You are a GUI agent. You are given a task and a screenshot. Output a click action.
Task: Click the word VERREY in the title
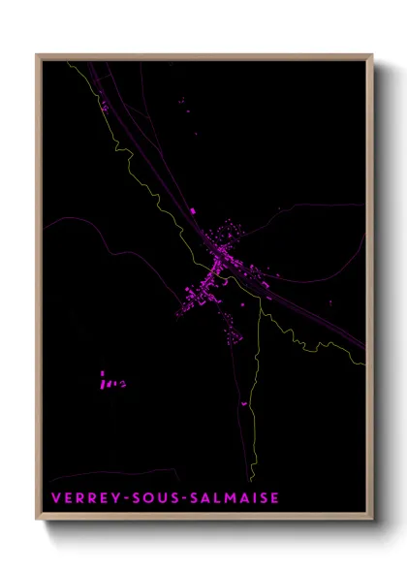tap(79, 498)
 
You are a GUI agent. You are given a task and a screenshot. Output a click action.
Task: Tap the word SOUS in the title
tap(151, 498)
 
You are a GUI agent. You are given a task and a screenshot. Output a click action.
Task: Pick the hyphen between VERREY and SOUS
tap(120, 498)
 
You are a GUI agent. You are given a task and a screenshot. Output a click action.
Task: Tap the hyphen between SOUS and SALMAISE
tap(181, 498)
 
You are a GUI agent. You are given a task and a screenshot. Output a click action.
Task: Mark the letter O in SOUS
tap(144, 498)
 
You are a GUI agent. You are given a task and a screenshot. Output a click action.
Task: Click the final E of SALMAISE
tap(274, 498)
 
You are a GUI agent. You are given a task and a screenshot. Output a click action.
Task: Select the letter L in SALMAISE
tap(213, 498)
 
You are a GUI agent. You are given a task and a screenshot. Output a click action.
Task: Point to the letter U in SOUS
tap(158, 498)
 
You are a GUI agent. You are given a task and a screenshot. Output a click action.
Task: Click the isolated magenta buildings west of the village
tap(110, 379)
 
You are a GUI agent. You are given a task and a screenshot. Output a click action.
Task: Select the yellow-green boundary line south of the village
tap(254, 427)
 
